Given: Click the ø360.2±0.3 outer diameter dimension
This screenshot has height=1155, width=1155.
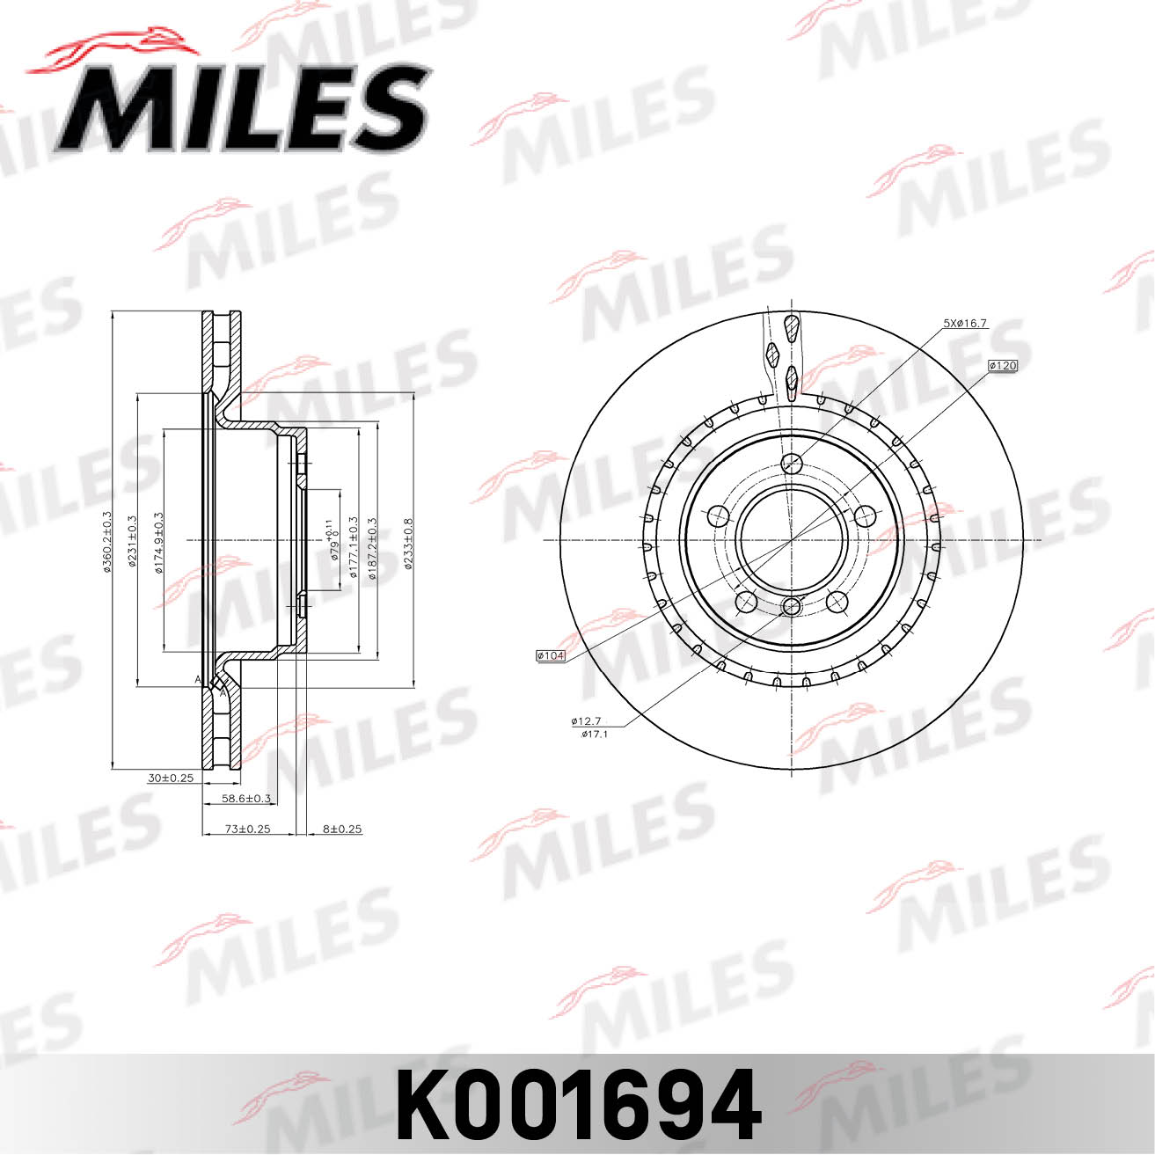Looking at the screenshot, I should pyautogui.click(x=107, y=541).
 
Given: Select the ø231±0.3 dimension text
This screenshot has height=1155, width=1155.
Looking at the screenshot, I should pyautogui.click(x=132, y=541).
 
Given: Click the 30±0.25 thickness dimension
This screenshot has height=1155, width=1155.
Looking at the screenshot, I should pyautogui.click(x=171, y=778).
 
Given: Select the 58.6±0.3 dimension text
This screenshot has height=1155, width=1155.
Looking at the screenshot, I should pyautogui.click(x=246, y=799).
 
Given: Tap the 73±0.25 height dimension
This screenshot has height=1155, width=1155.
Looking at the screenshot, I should pyautogui.click(x=247, y=829).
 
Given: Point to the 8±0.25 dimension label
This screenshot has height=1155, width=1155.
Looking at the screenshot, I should pyautogui.click(x=342, y=829).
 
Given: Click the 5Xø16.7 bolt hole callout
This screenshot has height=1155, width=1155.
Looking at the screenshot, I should pyautogui.click(x=965, y=324).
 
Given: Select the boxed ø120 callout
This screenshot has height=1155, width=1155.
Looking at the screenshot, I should pyautogui.click(x=1002, y=365).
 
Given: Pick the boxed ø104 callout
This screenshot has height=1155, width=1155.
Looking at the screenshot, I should pyautogui.click(x=550, y=655).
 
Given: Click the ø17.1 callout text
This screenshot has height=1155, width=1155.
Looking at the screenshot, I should pyautogui.click(x=595, y=734).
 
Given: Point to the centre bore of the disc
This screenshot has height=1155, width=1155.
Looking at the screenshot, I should pyautogui.click(x=791, y=539).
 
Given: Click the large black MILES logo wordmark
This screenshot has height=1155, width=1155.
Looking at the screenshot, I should pyautogui.click(x=242, y=107).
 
